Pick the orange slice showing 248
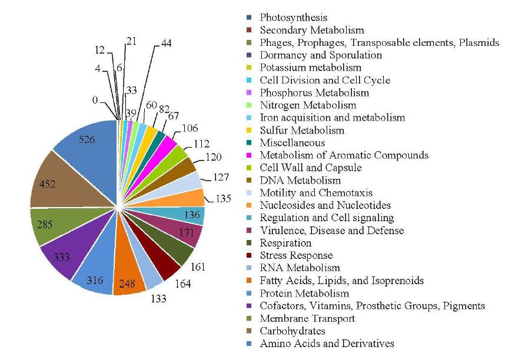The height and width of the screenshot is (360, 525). [x=129, y=273]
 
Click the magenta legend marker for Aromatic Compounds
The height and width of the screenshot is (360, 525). [x=250, y=155]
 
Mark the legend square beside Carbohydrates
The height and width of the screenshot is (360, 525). [x=250, y=331]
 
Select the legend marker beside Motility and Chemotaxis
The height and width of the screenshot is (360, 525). [x=250, y=193]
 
